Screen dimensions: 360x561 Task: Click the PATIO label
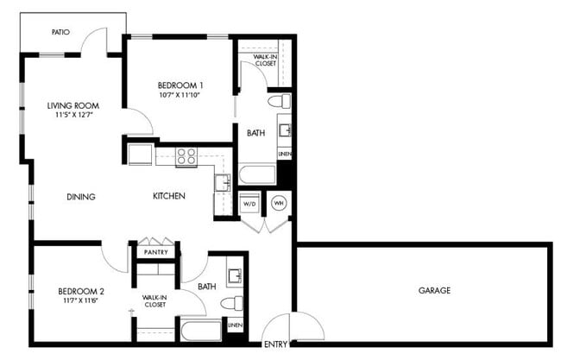[60, 32]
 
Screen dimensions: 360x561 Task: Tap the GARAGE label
[434, 291]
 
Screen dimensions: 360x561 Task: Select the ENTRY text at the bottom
[276, 344]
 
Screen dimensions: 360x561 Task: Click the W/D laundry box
[250, 205]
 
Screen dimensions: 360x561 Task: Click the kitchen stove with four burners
[186, 156]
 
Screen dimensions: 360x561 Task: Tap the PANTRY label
[156, 253]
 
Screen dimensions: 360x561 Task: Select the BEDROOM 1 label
[180, 85]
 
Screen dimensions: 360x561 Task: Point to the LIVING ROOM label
[72, 107]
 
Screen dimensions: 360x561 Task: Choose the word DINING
[80, 196]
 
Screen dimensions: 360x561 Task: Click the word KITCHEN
[169, 196]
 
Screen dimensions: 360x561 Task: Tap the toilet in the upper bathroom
[279, 102]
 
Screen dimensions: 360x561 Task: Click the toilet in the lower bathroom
[231, 303]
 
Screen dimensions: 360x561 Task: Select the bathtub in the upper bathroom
[257, 175]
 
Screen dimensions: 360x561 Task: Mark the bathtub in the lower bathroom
[201, 331]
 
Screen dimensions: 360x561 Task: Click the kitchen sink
[222, 182]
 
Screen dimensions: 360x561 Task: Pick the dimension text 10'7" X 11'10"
[180, 96]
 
